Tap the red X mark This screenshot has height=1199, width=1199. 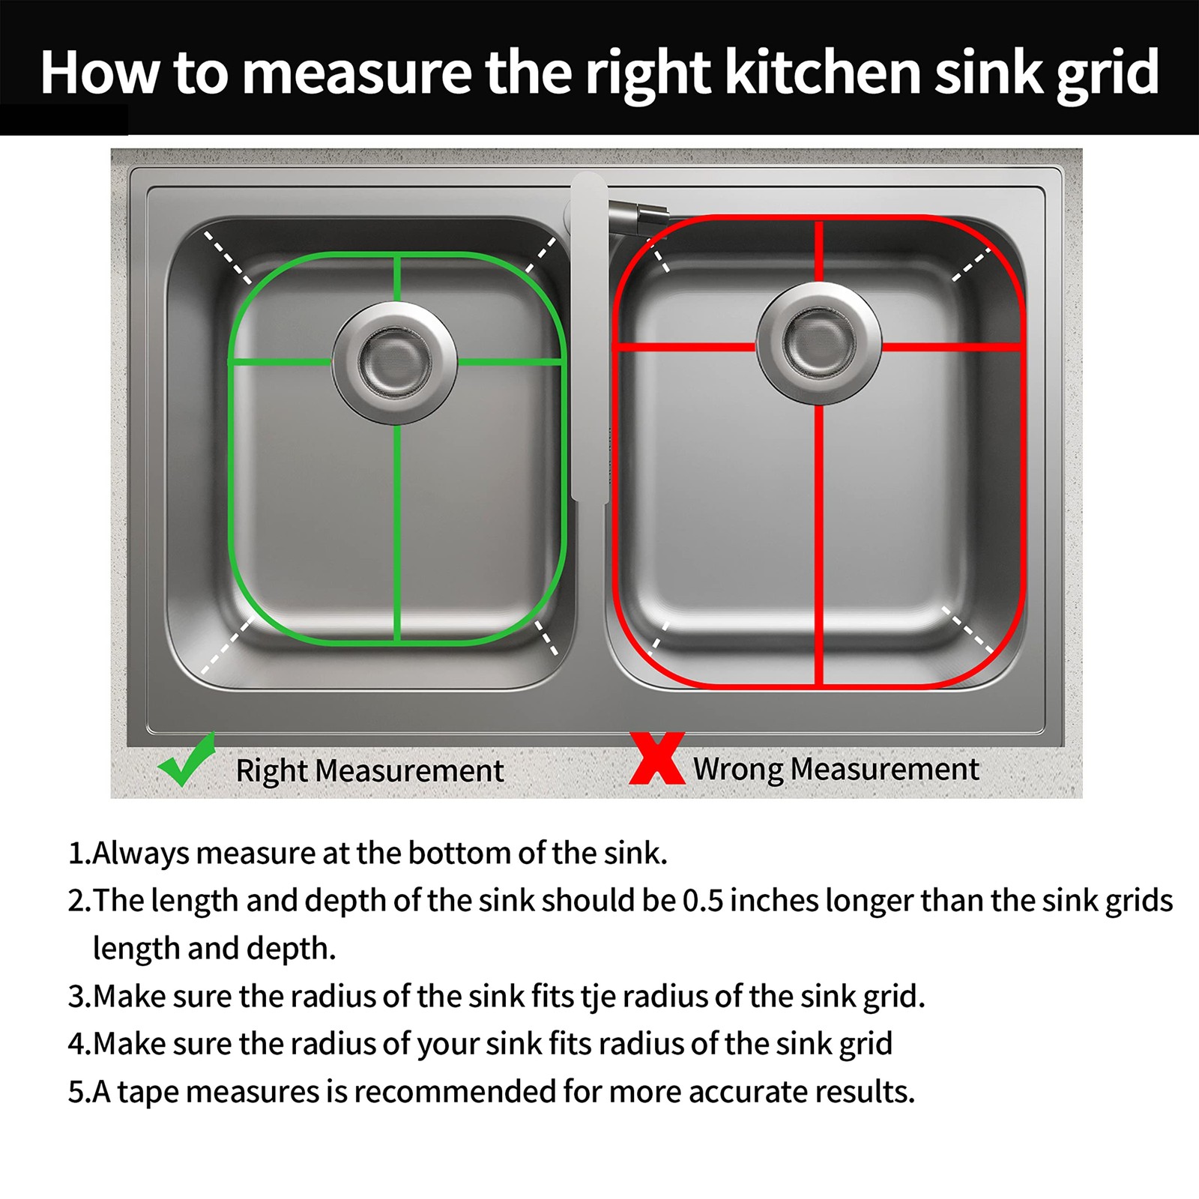click(x=657, y=758)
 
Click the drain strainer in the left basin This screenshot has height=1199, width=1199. click(x=394, y=363)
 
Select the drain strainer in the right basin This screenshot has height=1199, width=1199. click(x=819, y=343)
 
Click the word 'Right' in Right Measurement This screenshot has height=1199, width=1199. click(x=271, y=771)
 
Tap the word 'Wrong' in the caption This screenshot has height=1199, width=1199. click(x=738, y=770)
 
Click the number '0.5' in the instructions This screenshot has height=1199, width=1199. click(x=703, y=901)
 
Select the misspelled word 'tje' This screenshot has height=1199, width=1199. click(x=598, y=997)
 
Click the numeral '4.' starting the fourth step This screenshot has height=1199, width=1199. click(x=79, y=1044)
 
